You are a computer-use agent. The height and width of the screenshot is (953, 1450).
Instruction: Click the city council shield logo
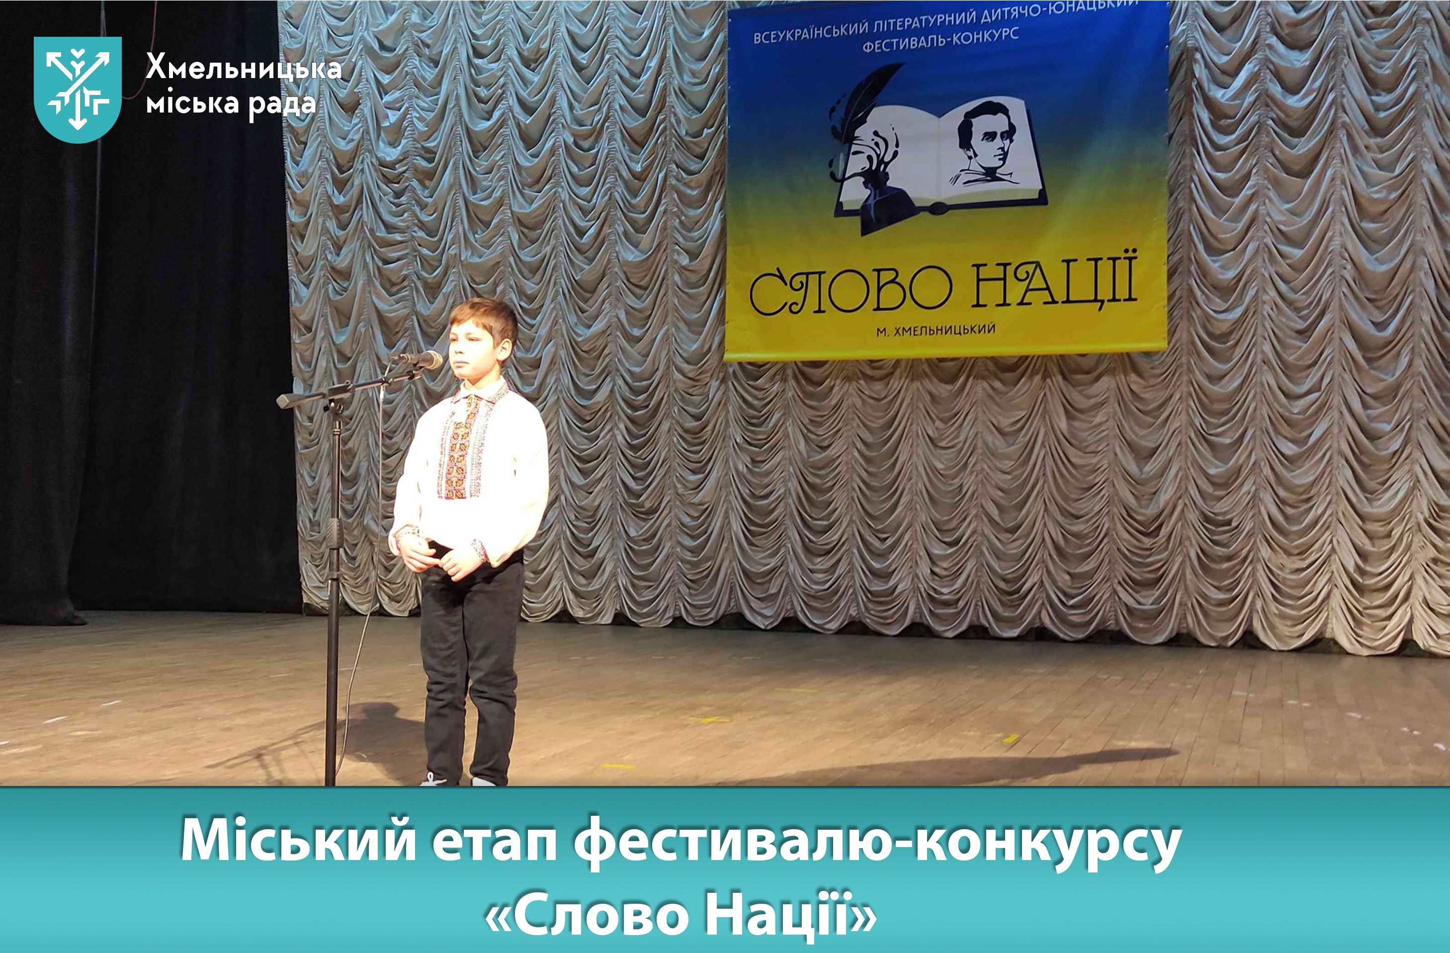point(78,89)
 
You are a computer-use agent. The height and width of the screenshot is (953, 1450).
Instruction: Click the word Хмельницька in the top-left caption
point(243,68)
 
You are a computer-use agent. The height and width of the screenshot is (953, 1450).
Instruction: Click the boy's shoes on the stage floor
point(463,780)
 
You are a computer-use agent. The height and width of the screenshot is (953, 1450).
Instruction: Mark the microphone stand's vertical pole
point(333,591)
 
